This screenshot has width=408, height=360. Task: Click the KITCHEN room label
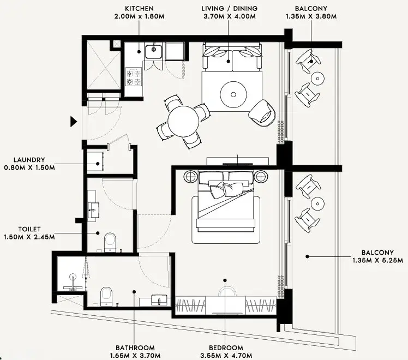(x=139, y=9)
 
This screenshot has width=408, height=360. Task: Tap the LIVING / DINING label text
(x=229, y=9)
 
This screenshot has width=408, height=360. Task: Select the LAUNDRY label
(x=29, y=160)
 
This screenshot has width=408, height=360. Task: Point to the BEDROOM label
(x=226, y=348)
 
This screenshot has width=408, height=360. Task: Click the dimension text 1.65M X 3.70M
(x=135, y=356)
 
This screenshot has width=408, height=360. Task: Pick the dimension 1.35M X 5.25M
(x=378, y=260)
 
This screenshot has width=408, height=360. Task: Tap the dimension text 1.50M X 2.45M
(x=29, y=237)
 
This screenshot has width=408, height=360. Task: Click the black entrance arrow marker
(x=74, y=122)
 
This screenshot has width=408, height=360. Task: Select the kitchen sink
(x=153, y=52)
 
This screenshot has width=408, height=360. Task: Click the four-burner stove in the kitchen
(x=134, y=77)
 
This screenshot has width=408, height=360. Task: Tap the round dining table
(x=183, y=121)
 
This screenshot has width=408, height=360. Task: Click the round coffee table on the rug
(x=233, y=95)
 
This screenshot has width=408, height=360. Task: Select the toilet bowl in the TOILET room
(x=110, y=242)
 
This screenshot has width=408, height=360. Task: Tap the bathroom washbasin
(x=159, y=300)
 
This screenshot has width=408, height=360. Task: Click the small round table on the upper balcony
(x=317, y=78)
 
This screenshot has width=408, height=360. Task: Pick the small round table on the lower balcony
(x=317, y=203)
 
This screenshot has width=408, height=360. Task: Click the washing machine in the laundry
(x=95, y=161)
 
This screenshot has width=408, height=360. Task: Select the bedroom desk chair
(x=227, y=291)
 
